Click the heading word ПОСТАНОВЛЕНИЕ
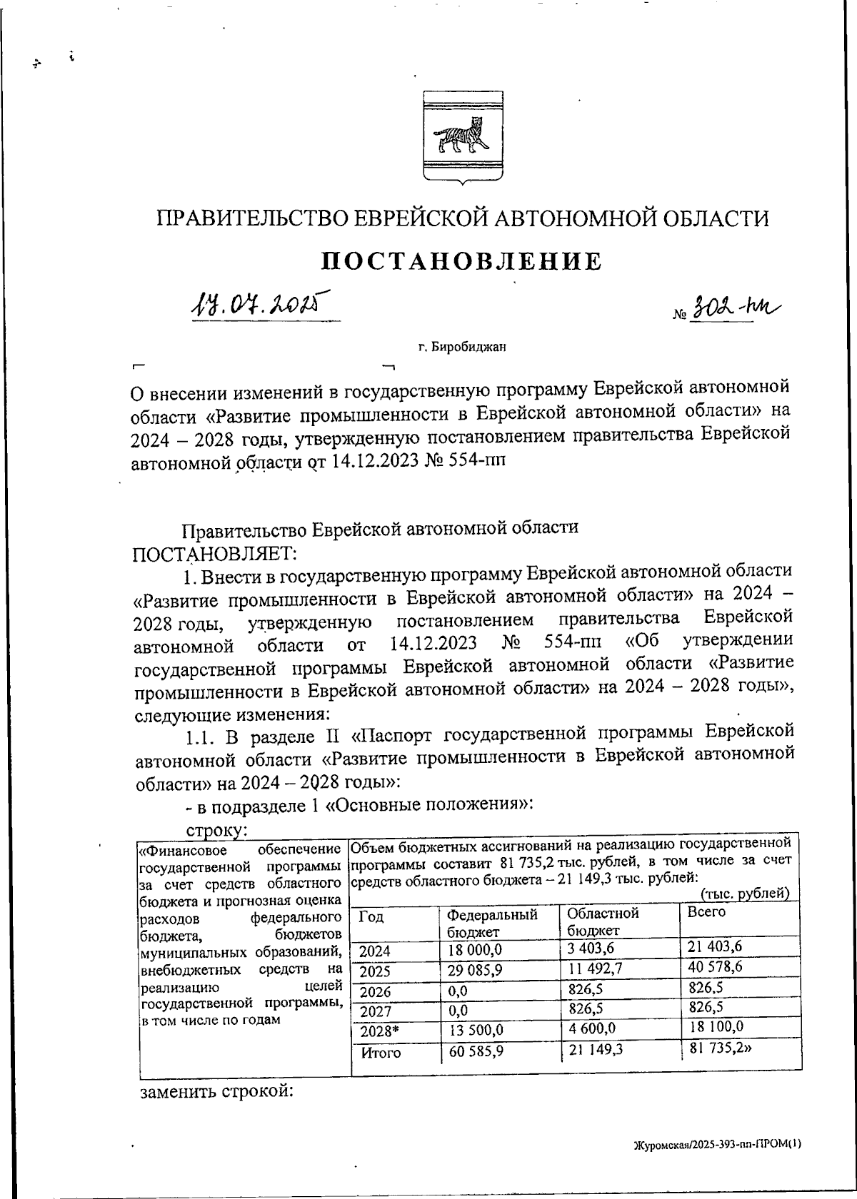tap(462, 261)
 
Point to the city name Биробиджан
tap(462, 348)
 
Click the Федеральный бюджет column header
tap(492, 921)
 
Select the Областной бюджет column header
tap(603, 921)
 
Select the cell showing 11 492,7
tap(596, 968)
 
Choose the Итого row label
tap(381, 1053)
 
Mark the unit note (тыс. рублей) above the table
tap(745, 894)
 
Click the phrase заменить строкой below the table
tap(217, 1092)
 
